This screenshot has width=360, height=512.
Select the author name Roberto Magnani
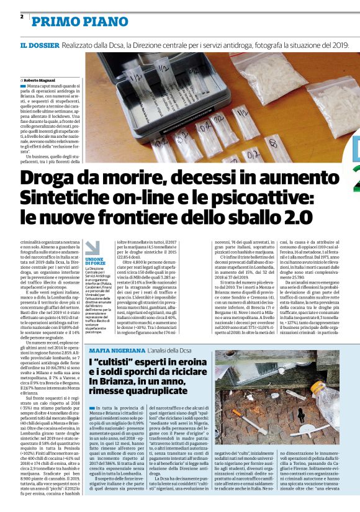pos(40,80)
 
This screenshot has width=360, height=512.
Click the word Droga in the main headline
pos(50,178)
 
